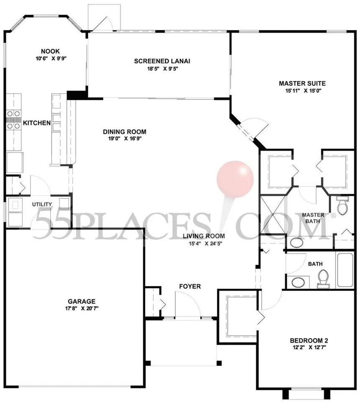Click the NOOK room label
(x=50, y=51)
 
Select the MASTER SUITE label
(x=302, y=83)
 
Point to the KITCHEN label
(x=37, y=123)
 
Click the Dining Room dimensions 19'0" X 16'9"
(x=125, y=138)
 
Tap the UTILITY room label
(x=42, y=204)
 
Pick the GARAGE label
(x=82, y=302)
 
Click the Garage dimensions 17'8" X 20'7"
(x=82, y=308)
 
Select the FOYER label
(x=190, y=287)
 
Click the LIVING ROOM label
(x=204, y=236)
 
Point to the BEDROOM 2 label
(x=309, y=341)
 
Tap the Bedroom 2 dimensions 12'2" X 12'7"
(x=309, y=348)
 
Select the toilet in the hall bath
(x=323, y=279)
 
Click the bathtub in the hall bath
(x=346, y=270)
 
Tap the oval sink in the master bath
(x=296, y=243)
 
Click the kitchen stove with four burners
(x=14, y=120)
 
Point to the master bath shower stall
(x=273, y=215)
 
